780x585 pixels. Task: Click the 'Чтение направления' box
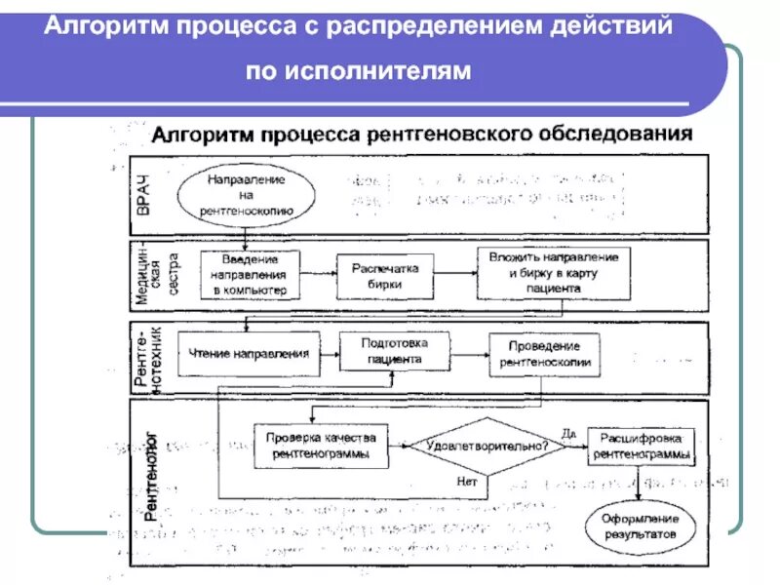click(x=250, y=353)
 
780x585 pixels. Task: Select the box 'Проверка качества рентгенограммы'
click(x=321, y=446)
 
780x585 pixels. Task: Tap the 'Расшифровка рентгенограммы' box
click(x=641, y=445)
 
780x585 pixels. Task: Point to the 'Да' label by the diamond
click(x=568, y=431)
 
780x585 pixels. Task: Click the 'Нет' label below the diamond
click(x=465, y=481)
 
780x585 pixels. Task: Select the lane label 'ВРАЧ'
click(x=144, y=195)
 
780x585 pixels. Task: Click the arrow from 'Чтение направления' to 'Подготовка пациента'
click(x=330, y=352)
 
